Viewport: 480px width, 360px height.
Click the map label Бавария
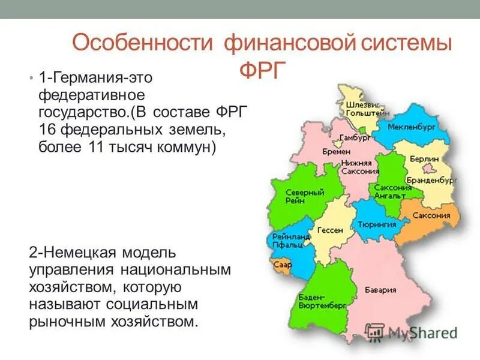tap(382, 290)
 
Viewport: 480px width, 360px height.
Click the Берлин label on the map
tap(424, 159)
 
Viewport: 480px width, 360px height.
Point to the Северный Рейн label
tap(304, 197)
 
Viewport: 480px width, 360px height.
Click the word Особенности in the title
tap(142, 44)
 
